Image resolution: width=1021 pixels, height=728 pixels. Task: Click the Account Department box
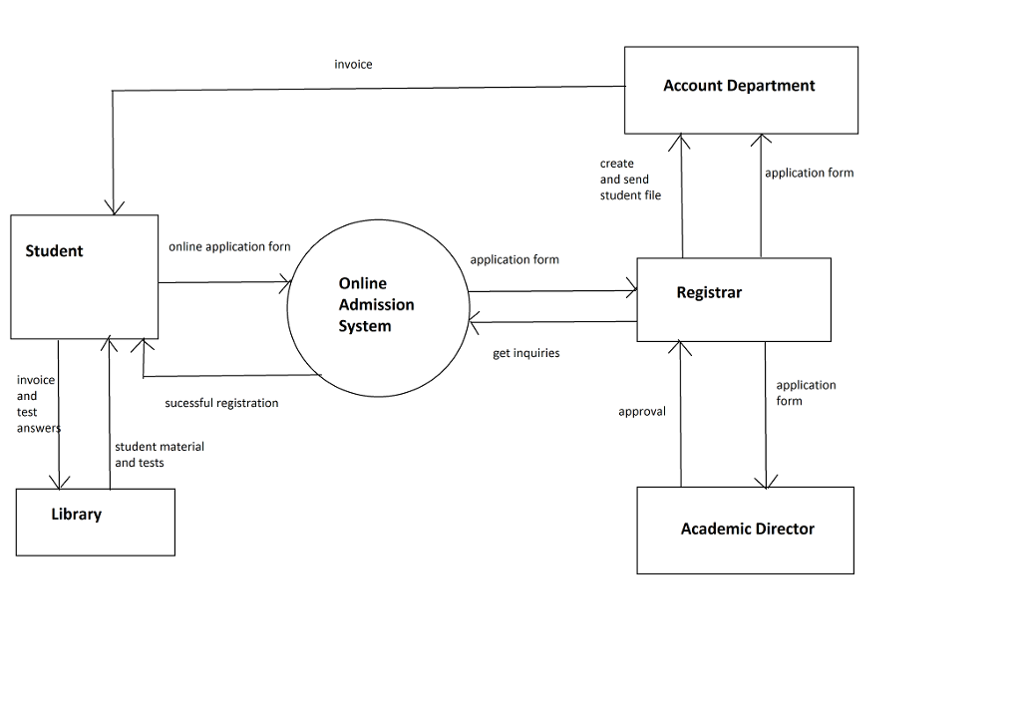tap(741, 90)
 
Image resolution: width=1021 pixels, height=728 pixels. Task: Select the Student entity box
tap(85, 276)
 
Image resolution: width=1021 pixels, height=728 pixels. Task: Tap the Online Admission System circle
tap(378, 305)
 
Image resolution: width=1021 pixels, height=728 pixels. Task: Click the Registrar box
tap(733, 299)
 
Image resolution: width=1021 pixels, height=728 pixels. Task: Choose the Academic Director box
tap(745, 530)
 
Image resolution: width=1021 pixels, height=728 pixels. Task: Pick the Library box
tap(95, 522)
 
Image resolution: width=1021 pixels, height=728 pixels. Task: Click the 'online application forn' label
tap(229, 246)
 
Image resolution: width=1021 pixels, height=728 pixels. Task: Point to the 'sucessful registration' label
tap(221, 403)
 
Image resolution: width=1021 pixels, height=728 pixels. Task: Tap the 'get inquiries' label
tap(525, 353)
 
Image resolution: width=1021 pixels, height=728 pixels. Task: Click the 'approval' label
tap(641, 411)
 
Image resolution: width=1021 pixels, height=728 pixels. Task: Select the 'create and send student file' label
tap(629, 180)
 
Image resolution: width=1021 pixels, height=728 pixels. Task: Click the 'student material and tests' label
tap(159, 455)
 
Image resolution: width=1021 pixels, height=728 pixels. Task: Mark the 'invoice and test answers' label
tap(37, 404)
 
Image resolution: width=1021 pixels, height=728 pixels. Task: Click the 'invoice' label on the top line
tap(353, 64)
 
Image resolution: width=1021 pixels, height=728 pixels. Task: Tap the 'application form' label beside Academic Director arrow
tap(806, 393)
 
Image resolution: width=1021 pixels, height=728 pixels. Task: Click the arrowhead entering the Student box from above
tap(114, 207)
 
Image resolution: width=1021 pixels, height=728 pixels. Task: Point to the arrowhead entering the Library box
tap(59, 483)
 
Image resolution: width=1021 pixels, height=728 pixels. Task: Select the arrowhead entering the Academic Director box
tap(766, 481)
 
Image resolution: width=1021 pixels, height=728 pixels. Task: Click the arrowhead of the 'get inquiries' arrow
tap(476, 323)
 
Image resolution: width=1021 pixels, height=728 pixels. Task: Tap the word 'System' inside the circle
tap(364, 326)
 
